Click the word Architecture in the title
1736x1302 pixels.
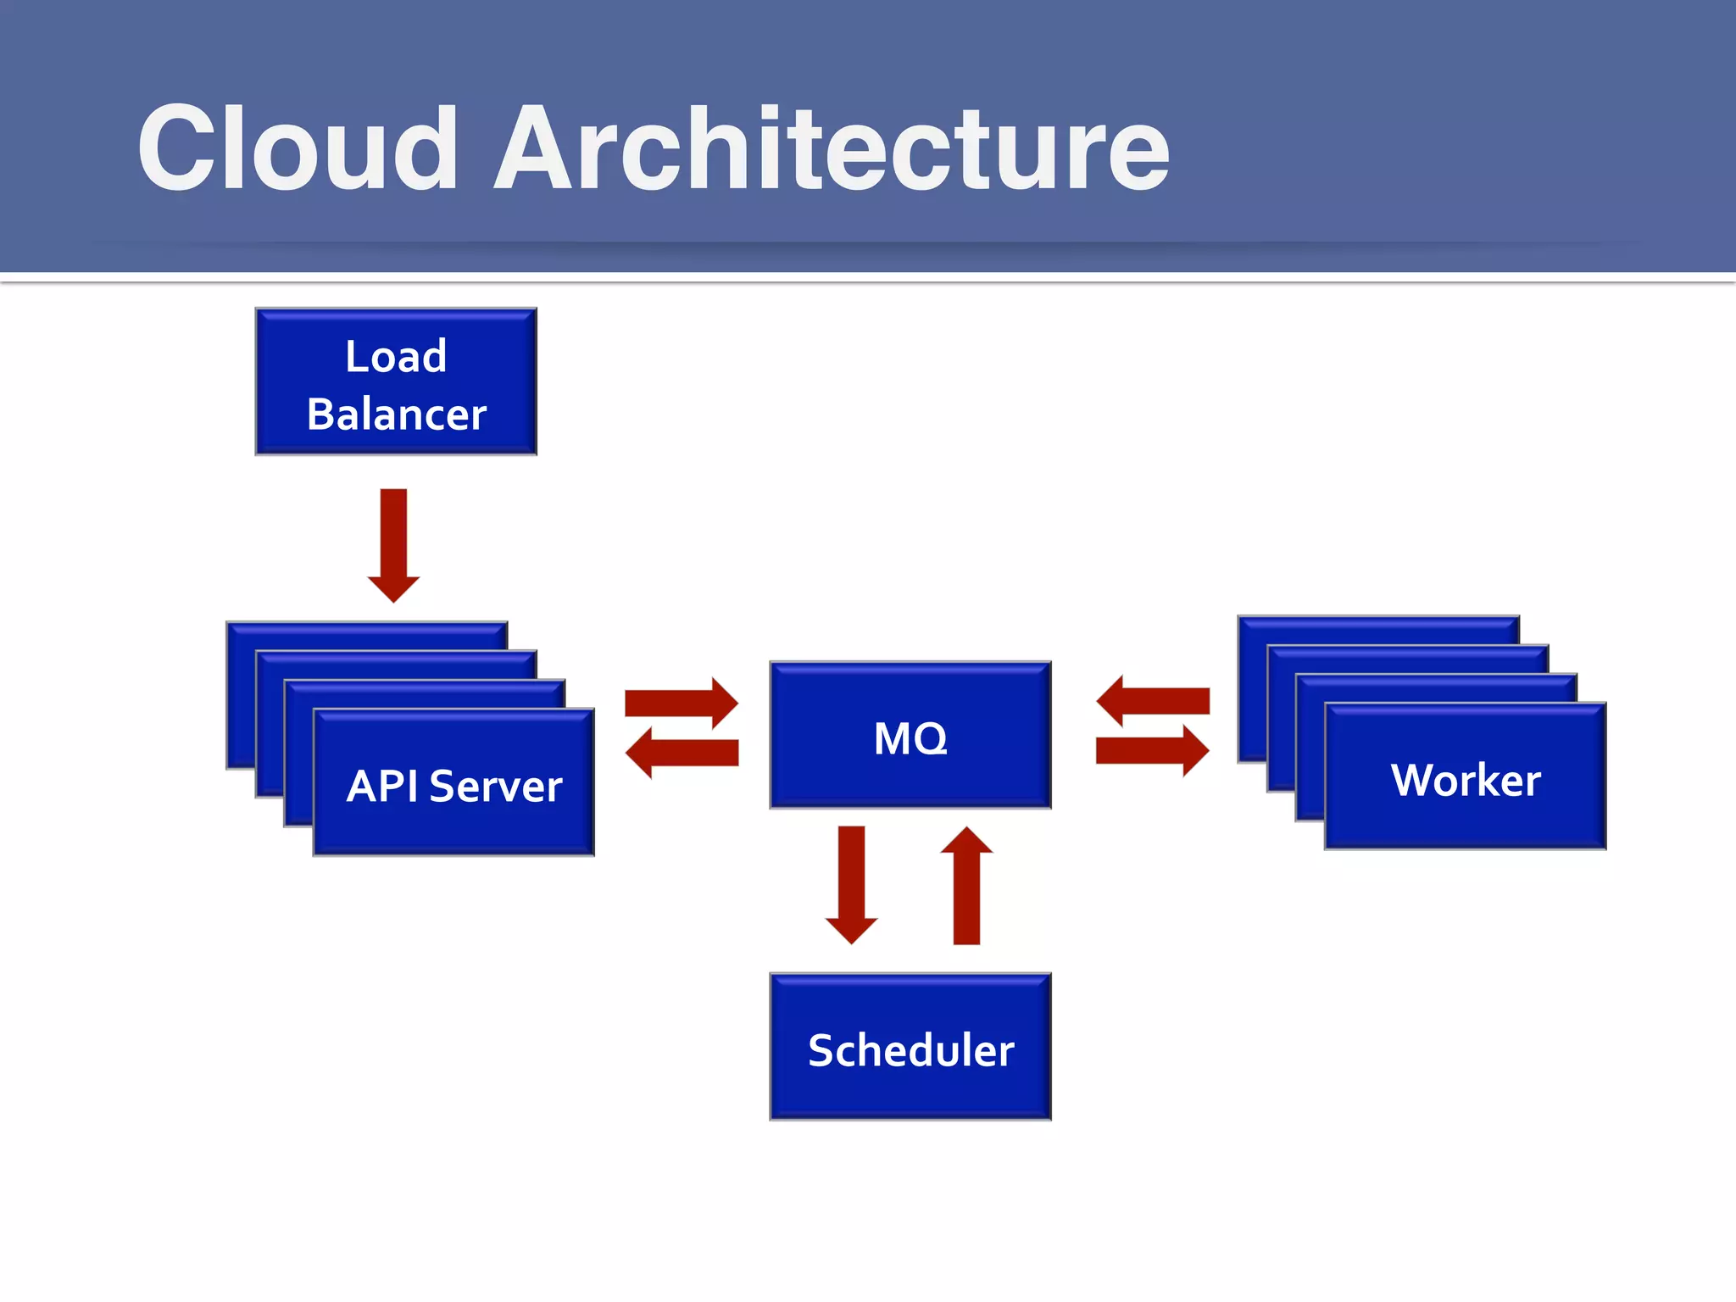[831, 149]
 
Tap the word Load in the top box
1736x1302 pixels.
[396, 356]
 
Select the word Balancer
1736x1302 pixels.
[396, 415]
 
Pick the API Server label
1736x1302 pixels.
[454, 786]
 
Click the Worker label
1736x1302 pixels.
[1466, 780]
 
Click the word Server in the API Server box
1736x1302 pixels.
[496, 786]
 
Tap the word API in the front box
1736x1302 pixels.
[382, 786]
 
